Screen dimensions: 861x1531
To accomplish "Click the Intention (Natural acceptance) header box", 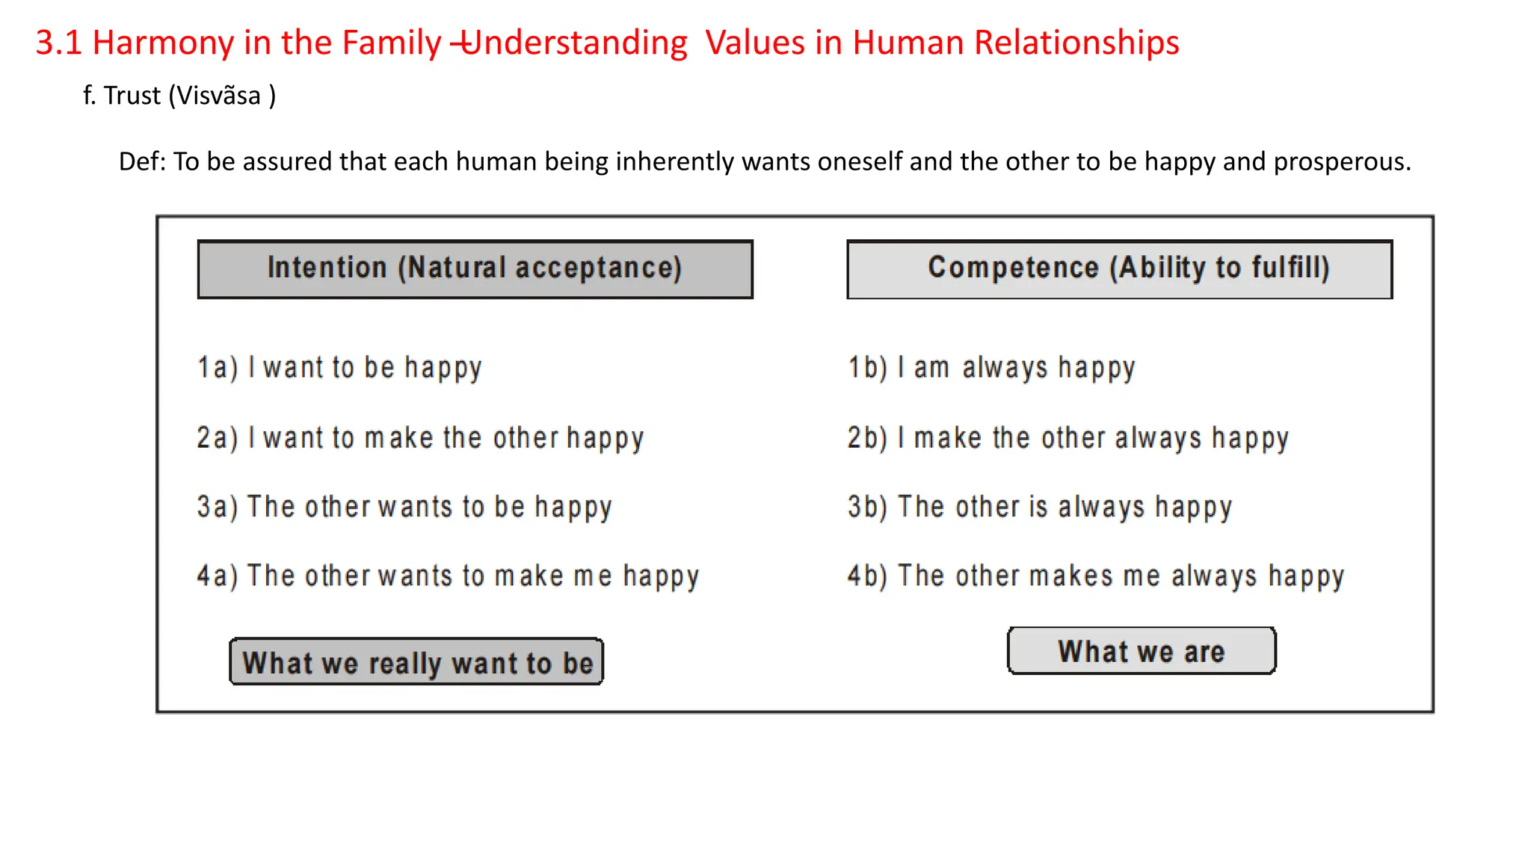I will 475,269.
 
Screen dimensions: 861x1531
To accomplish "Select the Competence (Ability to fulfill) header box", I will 1119,269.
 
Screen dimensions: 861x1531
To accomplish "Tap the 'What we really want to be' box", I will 416,662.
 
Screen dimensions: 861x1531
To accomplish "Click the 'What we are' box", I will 1142,651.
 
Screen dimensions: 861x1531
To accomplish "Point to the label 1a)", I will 217,368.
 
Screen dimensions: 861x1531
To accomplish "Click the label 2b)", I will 867,437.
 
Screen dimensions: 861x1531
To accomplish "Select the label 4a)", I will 217,575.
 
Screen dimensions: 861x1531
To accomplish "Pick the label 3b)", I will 867,507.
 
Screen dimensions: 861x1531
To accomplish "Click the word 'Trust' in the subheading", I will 132,96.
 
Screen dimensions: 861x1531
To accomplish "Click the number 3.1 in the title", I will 58,43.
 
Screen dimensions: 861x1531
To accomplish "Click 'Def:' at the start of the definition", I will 143,161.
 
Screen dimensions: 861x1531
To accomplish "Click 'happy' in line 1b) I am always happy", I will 1097,368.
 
